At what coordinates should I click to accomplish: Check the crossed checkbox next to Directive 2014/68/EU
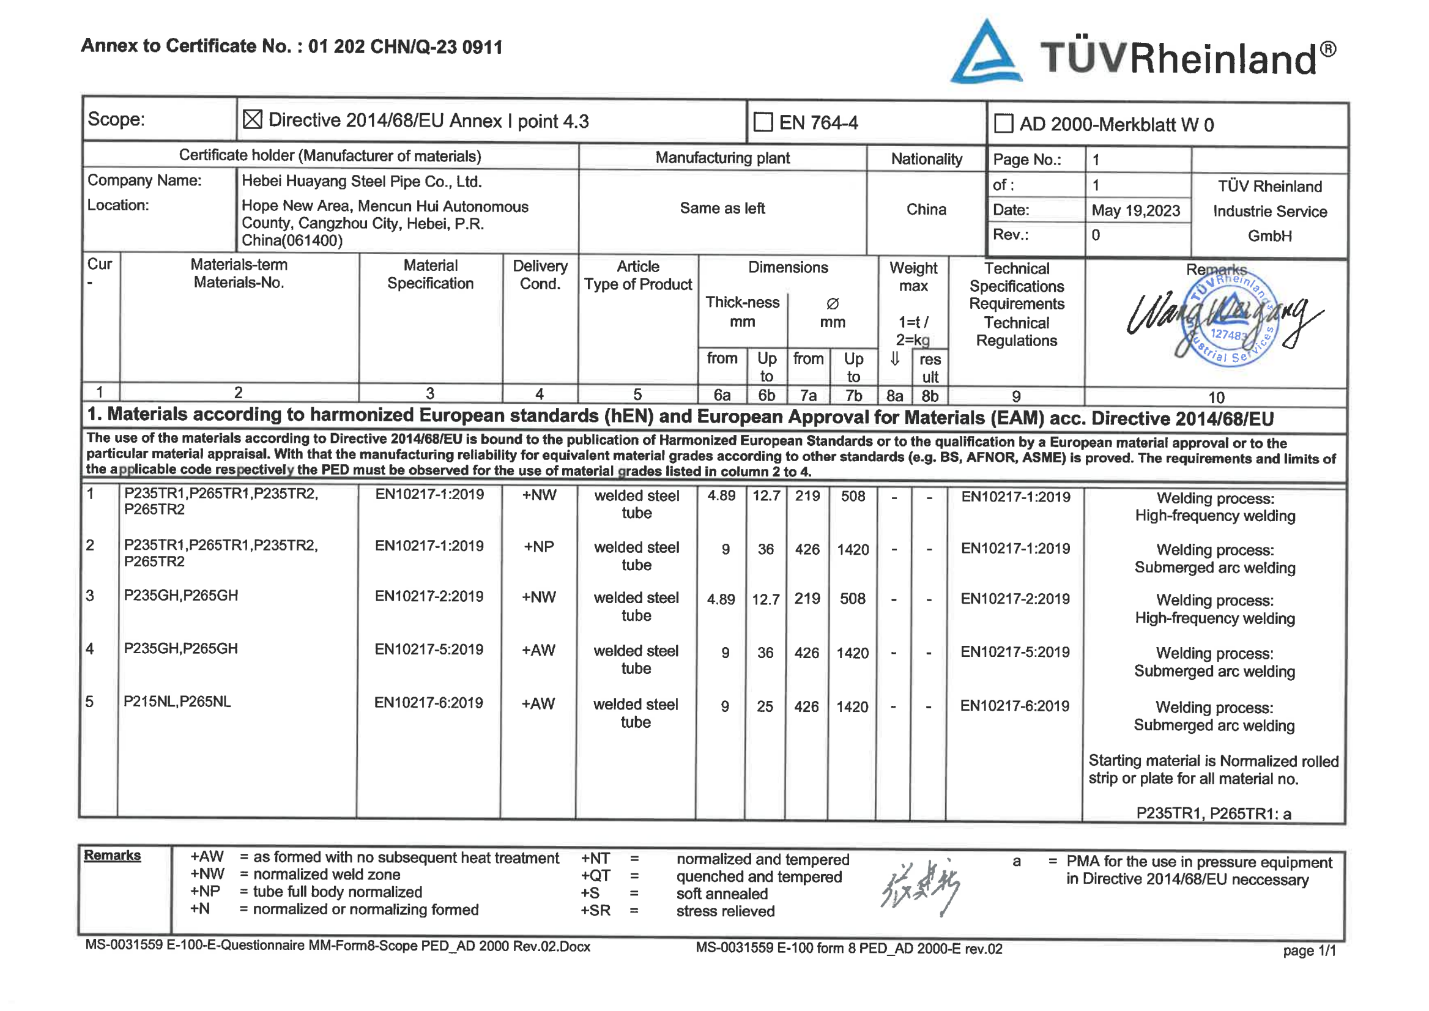[252, 119]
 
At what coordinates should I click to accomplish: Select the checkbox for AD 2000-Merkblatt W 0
[1003, 124]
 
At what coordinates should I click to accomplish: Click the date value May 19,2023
[1135, 210]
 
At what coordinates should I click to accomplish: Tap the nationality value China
[926, 209]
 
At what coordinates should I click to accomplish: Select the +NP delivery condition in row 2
[538, 547]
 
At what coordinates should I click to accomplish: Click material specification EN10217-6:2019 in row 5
[428, 703]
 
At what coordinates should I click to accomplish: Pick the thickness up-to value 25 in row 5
[765, 706]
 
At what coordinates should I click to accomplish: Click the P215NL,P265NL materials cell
[177, 702]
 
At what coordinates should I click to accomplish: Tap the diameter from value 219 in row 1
[807, 496]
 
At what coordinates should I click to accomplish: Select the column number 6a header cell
[722, 395]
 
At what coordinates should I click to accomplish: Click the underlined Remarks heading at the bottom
[112, 856]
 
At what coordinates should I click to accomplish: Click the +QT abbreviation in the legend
[595, 876]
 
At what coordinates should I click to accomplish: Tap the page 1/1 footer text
[1309, 950]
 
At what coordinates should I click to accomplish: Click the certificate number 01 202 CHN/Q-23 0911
[405, 46]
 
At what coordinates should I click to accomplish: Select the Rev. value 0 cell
[1096, 235]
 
